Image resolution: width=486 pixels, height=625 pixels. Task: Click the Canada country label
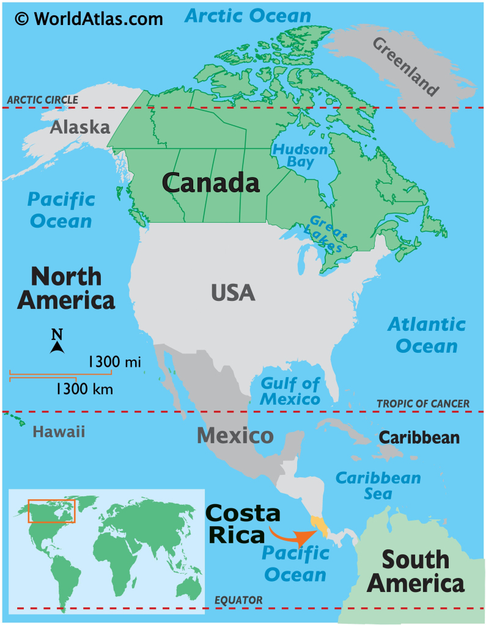(x=211, y=182)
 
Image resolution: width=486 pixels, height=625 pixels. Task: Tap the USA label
(x=233, y=293)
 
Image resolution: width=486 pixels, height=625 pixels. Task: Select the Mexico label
(x=235, y=436)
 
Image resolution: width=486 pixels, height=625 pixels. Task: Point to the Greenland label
(x=405, y=67)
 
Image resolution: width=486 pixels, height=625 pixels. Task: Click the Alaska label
(x=79, y=127)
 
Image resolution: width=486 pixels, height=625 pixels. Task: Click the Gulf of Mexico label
(x=290, y=391)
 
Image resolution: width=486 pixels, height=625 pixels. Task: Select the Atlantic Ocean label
(x=426, y=335)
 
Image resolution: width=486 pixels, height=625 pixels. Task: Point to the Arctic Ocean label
(x=248, y=16)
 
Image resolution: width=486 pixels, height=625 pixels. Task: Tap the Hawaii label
(x=59, y=432)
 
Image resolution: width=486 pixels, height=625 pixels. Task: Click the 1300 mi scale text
(x=114, y=362)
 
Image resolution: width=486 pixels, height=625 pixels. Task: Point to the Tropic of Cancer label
(x=423, y=403)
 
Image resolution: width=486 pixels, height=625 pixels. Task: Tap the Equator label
(x=238, y=601)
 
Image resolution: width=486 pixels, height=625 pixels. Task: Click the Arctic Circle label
(x=42, y=100)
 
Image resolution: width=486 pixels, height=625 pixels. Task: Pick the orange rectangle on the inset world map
(x=51, y=511)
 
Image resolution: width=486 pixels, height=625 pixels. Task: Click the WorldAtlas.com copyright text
(x=89, y=18)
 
